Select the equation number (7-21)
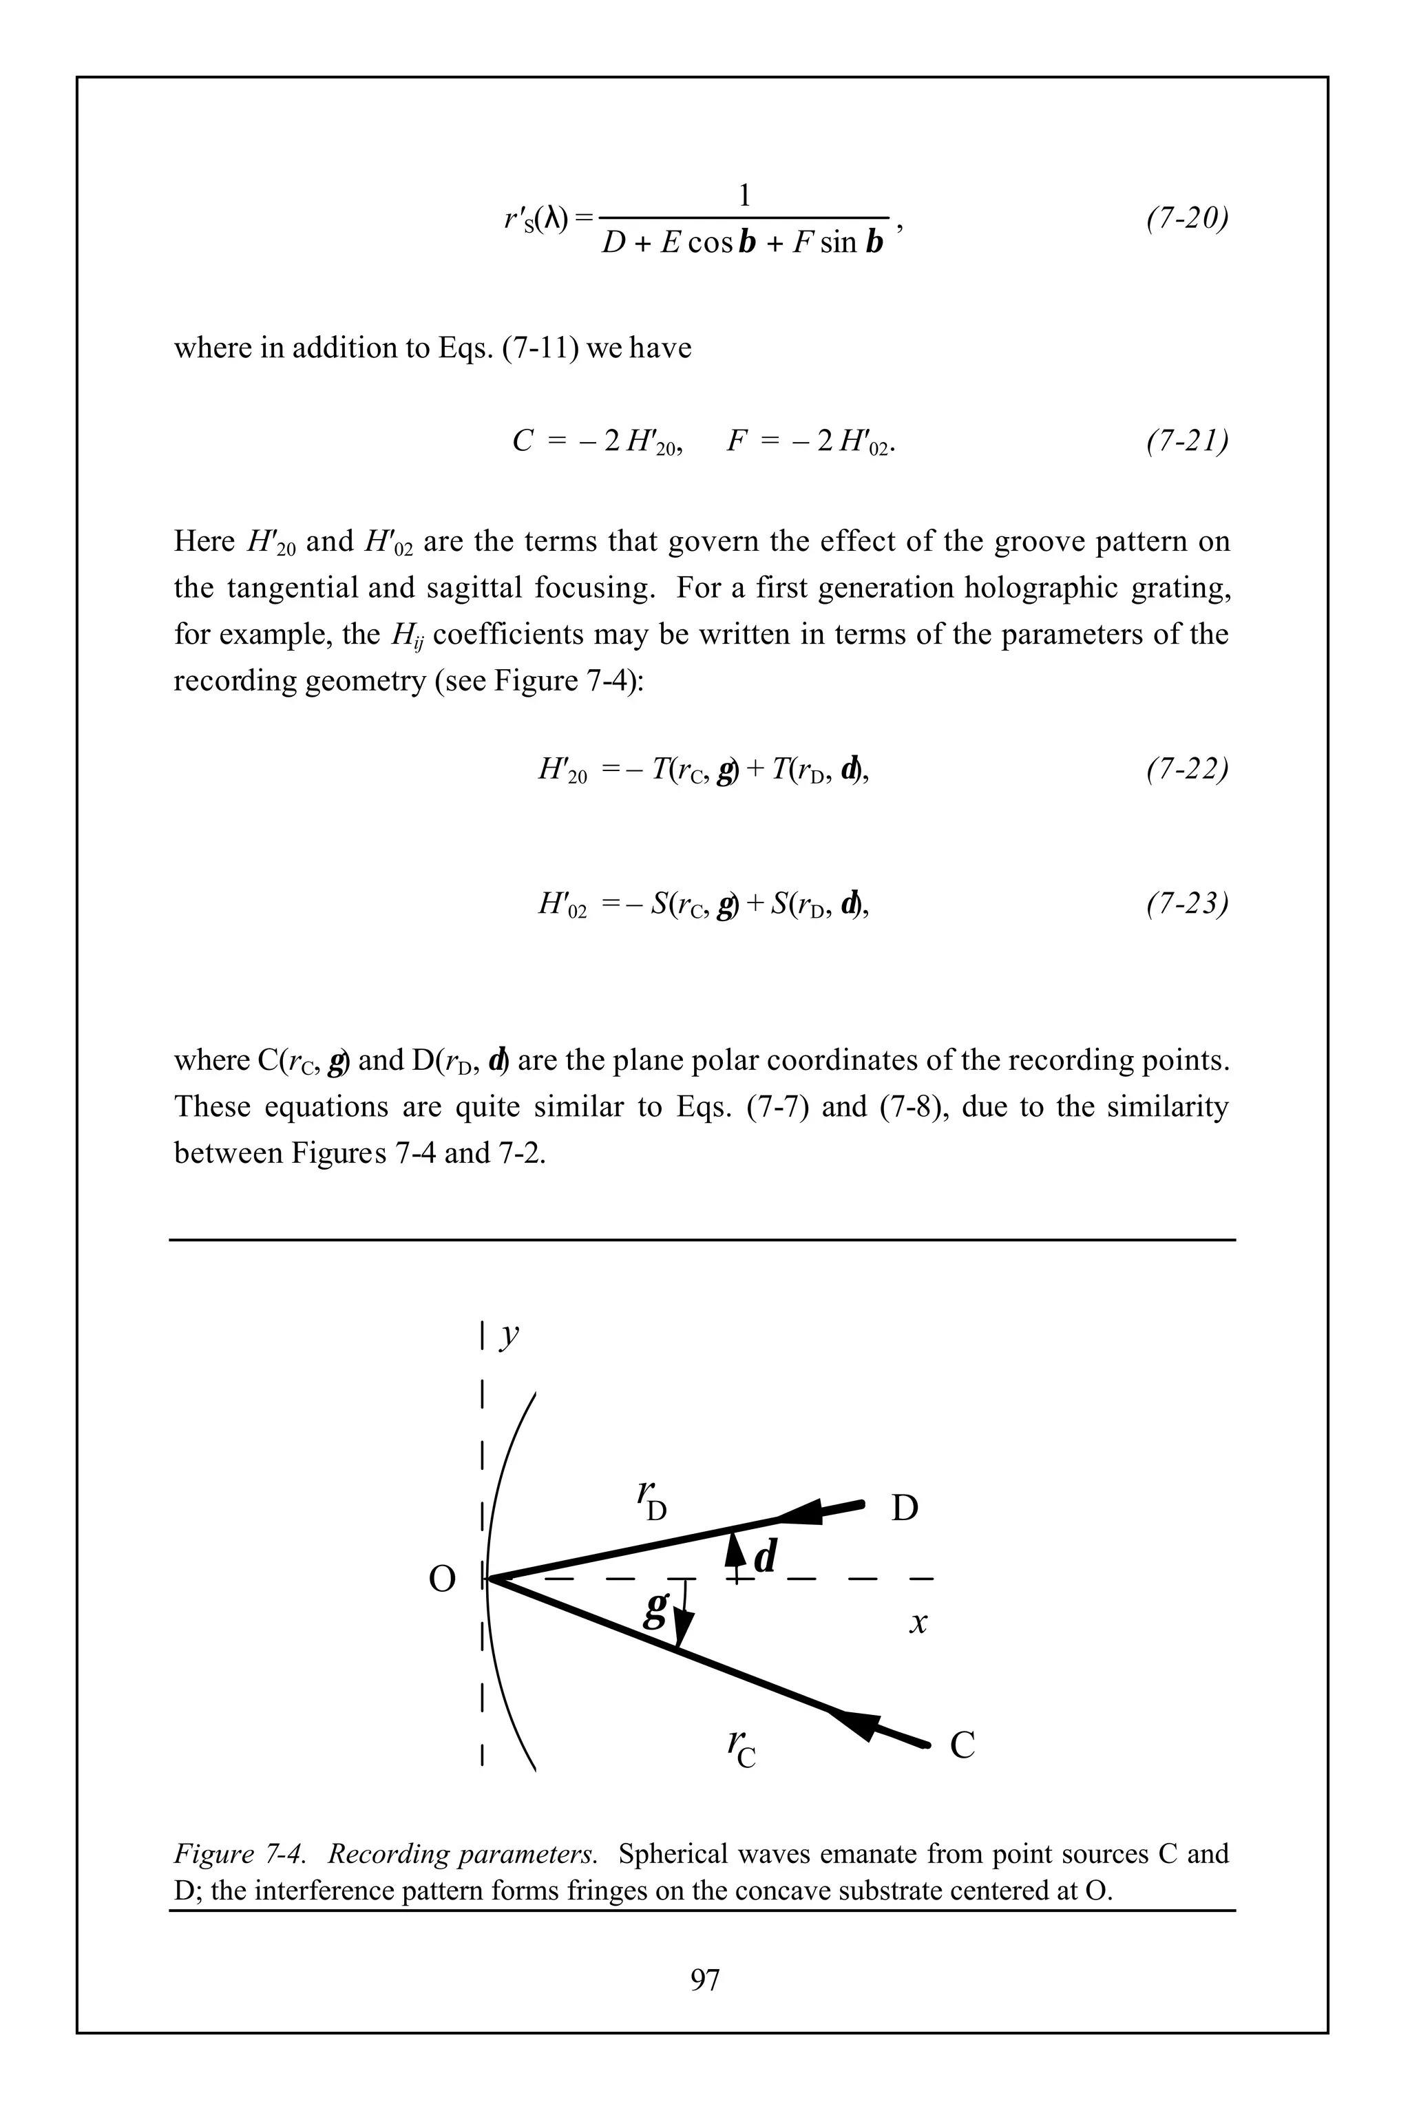click(x=1187, y=441)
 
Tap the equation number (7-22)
click(x=1187, y=769)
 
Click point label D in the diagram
click(x=904, y=1508)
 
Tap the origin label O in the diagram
click(x=441, y=1579)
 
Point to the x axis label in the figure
click(x=917, y=1622)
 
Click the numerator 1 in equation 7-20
click(x=744, y=195)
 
